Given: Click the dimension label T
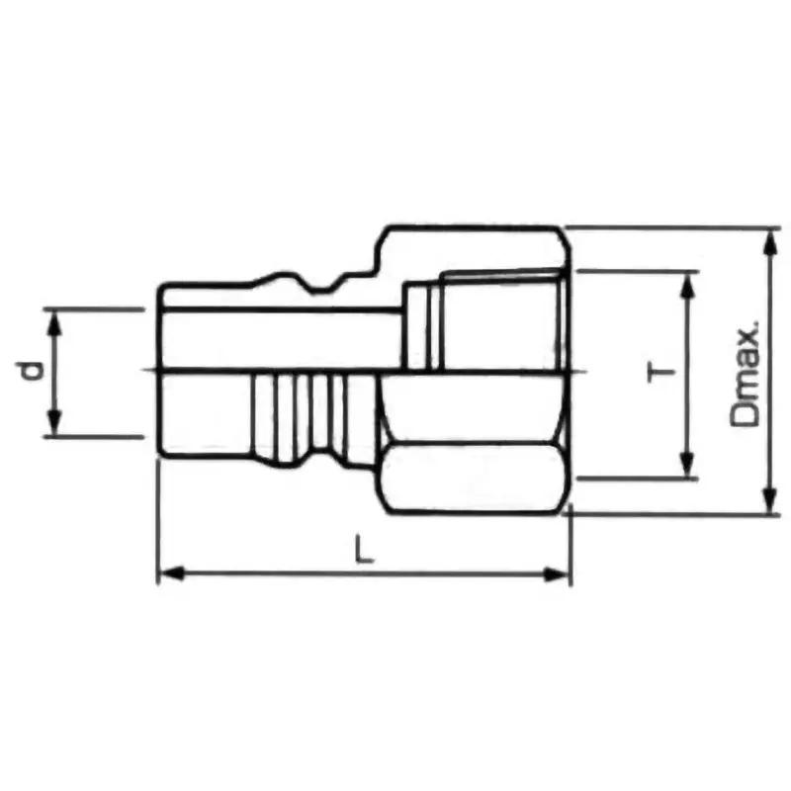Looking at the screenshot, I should point(660,373).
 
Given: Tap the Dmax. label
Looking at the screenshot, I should point(748,373).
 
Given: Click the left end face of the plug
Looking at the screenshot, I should point(160,371).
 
